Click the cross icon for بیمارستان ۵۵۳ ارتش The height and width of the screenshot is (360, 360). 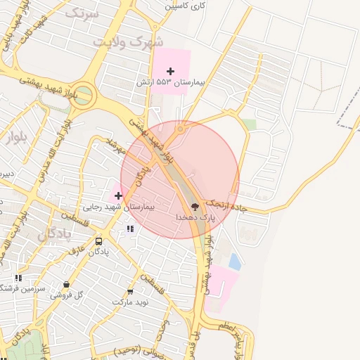point(170,71)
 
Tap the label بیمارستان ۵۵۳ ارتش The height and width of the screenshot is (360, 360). point(170,83)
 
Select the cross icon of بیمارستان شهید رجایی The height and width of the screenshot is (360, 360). point(118,195)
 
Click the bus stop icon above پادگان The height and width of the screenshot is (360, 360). point(98,241)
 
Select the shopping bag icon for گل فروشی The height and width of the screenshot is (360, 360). point(66,285)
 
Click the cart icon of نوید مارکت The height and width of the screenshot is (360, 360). point(130,290)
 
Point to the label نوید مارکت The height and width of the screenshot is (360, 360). point(131,302)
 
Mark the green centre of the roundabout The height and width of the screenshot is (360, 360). point(83,96)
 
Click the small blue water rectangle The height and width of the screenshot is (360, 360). point(234,263)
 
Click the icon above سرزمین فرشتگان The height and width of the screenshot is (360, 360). point(18,278)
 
